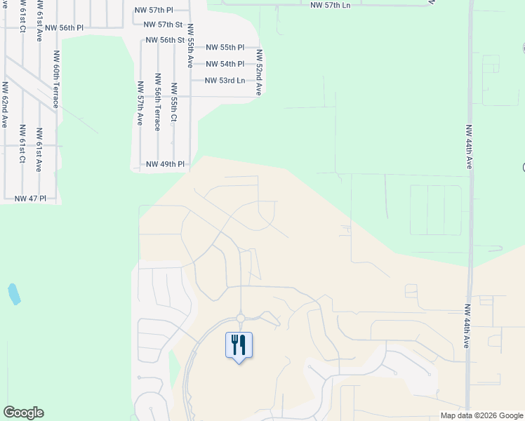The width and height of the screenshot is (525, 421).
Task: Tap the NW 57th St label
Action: (164, 25)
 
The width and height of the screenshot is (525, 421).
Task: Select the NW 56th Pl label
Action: (64, 27)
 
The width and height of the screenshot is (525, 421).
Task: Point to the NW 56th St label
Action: (165, 40)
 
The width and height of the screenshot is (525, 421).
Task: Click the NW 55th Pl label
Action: (225, 48)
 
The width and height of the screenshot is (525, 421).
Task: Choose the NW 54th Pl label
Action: (225, 64)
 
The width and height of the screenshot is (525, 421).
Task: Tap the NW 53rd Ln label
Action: (225, 81)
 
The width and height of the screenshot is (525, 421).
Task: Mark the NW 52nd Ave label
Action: (259, 72)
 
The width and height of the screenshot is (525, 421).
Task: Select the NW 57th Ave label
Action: (140, 102)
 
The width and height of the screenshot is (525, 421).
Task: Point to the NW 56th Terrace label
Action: (157, 102)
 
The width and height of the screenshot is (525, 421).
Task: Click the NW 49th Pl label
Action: (165, 164)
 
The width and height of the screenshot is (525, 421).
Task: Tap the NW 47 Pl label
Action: (29, 199)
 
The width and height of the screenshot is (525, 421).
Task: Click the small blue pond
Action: (13, 294)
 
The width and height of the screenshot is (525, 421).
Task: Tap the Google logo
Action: (23, 413)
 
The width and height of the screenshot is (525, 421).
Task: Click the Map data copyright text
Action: (481, 415)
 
